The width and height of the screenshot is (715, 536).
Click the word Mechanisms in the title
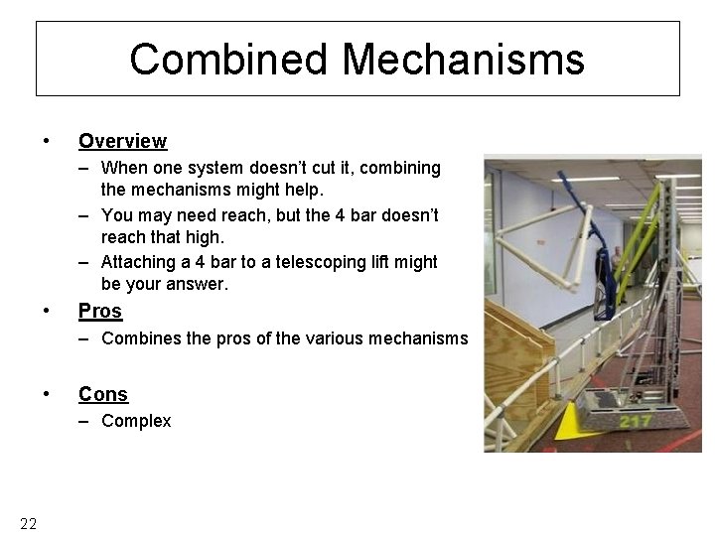coord(464,60)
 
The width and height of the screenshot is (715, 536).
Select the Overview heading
coord(122,141)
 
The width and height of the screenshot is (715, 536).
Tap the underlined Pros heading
coord(100,311)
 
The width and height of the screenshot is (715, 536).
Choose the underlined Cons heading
coord(103,394)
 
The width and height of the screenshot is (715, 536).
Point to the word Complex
coord(136,421)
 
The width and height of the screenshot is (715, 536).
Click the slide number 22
coord(28,523)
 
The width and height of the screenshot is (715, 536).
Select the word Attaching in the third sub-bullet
coord(139,262)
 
